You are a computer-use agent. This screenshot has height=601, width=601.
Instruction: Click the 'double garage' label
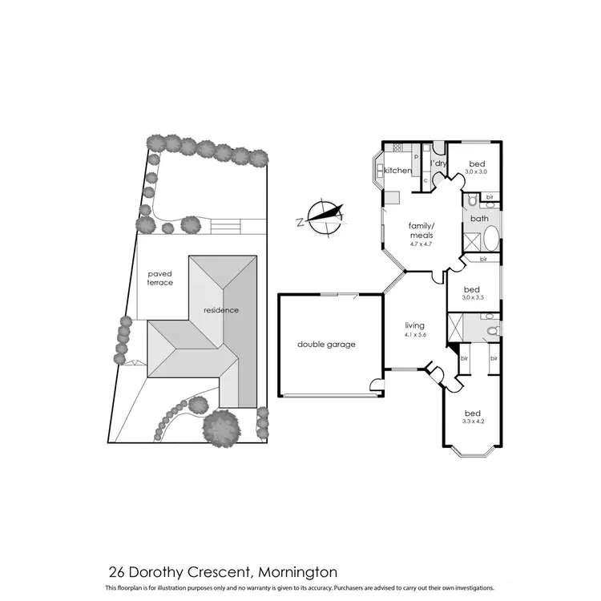[x=325, y=345]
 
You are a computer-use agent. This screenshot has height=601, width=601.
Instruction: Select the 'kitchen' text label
[x=398, y=171]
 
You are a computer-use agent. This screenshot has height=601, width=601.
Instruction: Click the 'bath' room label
[x=479, y=218]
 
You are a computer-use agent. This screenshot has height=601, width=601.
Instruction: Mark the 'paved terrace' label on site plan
[x=160, y=278]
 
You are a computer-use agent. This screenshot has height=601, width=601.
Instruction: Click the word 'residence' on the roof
[x=220, y=310]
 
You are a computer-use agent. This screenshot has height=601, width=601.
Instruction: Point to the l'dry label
[x=438, y=163]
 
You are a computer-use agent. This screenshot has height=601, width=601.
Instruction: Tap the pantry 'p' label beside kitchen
[x=416, y=157]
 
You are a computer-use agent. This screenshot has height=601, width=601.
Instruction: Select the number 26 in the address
[x=116, y=572]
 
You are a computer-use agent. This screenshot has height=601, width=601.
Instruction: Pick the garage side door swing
[x=376, y=386]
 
